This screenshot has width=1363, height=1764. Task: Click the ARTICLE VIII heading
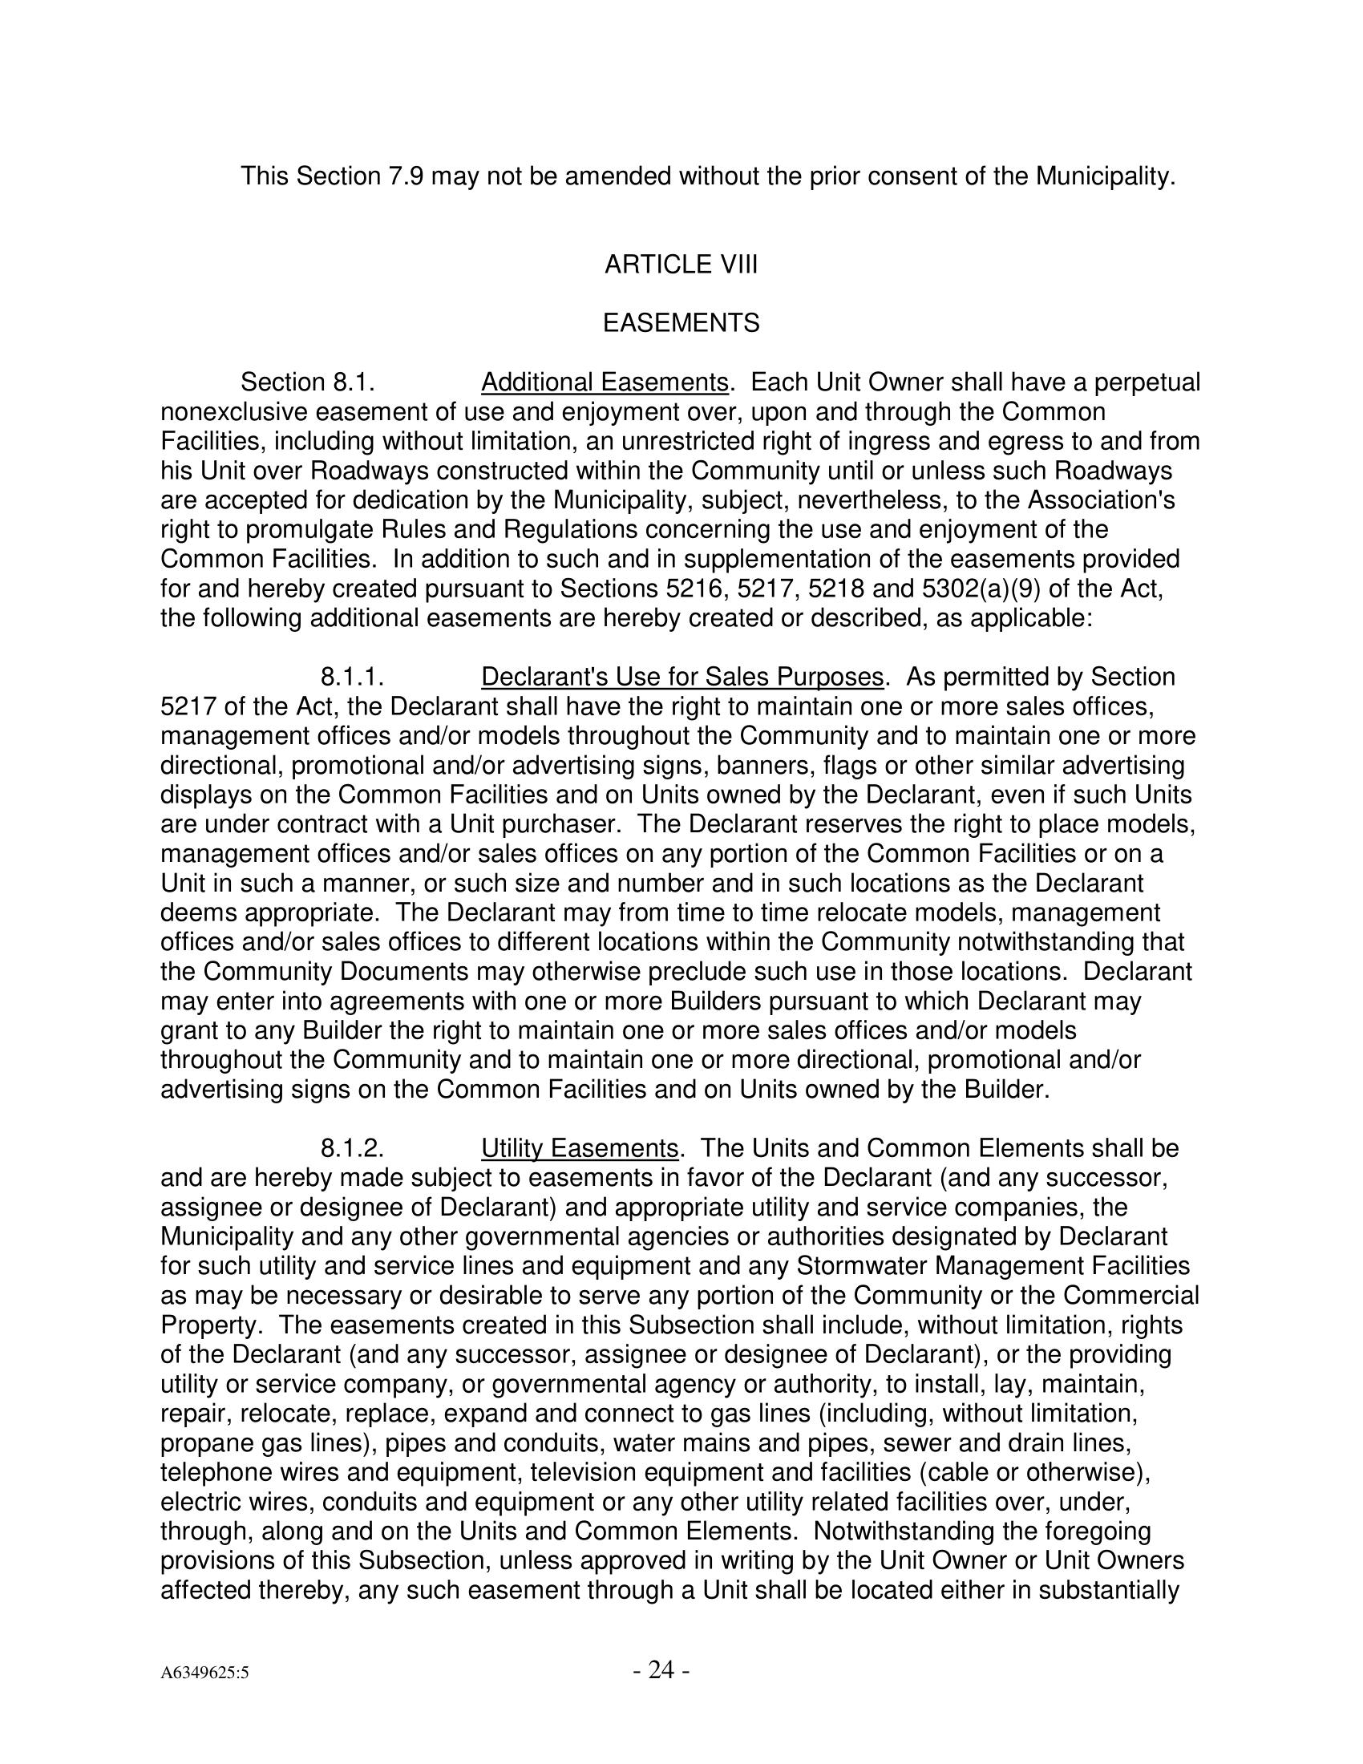click(681, 265)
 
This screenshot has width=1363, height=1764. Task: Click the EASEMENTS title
click(681, 324)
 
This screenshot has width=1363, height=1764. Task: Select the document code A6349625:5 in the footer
click(204, 1673)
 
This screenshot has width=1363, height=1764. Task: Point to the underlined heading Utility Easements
click(579, 1147)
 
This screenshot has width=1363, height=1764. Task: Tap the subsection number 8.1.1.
click(351, 677)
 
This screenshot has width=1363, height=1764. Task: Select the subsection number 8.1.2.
click(351, 1147)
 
